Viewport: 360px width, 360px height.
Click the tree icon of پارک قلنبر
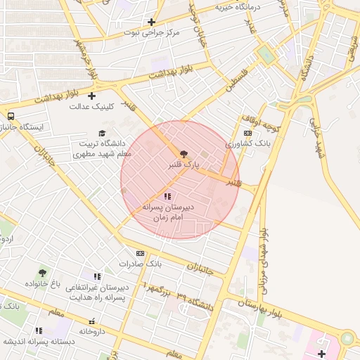184,153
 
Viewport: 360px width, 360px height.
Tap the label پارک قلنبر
184,165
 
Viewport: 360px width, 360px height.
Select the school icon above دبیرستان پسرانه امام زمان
167,196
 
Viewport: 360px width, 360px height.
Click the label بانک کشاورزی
247,143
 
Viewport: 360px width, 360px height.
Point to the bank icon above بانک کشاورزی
247,133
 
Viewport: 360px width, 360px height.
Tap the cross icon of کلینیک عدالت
91,96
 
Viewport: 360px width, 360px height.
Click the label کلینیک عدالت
91,107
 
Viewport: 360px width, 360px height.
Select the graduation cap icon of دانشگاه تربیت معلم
102,133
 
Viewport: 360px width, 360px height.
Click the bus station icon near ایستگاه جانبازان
11,116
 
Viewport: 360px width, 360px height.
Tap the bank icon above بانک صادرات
140,253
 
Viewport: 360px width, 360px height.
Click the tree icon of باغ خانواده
43,273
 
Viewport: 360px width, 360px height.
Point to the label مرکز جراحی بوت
152,32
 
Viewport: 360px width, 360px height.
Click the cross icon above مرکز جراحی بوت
151,22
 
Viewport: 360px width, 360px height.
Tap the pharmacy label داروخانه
92,330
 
